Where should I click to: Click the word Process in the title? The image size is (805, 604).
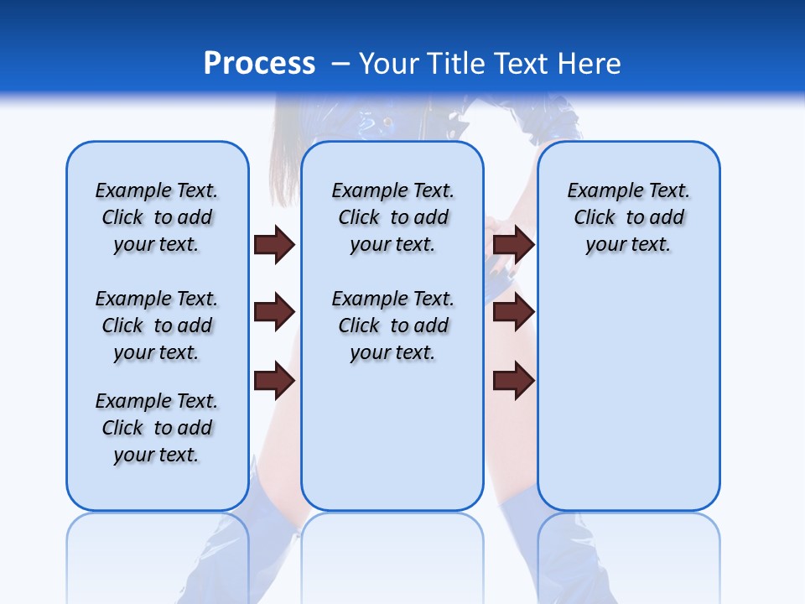point(259,63)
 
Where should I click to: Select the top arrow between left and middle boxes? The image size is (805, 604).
point(274,245)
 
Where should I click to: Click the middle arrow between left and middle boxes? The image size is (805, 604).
point(274,312)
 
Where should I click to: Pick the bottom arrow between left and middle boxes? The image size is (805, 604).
point(274,381)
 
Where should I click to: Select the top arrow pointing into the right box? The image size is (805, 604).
point(514,245)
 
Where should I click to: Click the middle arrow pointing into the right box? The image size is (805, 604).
point(514,312)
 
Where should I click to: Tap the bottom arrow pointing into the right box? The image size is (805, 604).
point(514,381)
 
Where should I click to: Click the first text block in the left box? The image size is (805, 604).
point(157,217)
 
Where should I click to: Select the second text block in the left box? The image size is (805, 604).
point(157,325)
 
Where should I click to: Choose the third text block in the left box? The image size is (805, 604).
point(157,428)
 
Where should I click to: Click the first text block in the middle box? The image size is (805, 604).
point(392,217)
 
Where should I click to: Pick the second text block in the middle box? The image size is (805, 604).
point(392,325)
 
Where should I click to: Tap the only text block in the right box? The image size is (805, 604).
point(628,217)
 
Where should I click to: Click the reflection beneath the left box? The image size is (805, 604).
point(158,554)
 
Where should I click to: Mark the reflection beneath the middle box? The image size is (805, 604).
point(392,554)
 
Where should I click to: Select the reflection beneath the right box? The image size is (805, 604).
point(628,554)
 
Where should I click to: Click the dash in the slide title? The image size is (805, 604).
point(341,64)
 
